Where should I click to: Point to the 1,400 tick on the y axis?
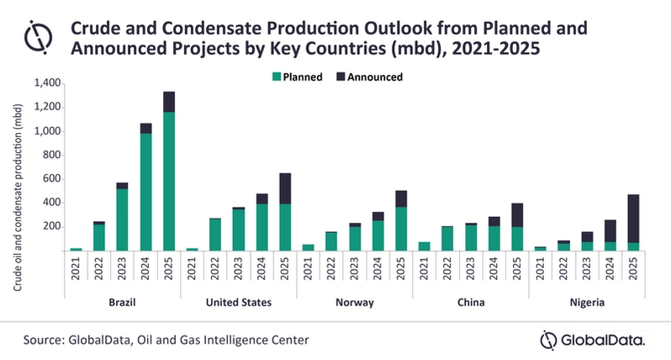pos(46,83)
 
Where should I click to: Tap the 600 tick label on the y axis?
pos(51,178)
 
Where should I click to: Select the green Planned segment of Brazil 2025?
pos(169,181)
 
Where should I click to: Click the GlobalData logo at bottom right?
pos(593,340)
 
